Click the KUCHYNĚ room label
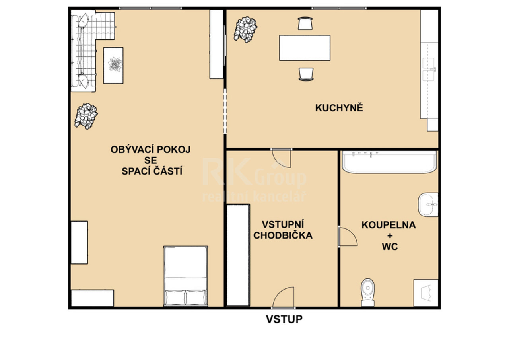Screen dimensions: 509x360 tap(339, 108)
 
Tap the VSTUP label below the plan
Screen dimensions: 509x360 tap(284, 319)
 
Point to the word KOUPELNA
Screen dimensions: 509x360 tap(389, 225)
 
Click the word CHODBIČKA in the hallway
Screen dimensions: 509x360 tap(283, 235)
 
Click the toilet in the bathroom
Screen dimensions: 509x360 tap(368, 292)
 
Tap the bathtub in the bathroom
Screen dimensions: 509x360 tap(389, 162)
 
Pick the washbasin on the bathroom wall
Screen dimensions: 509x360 tap(428, 204)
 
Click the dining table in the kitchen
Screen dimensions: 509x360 tap(305, 48)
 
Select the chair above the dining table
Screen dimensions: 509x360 tap(305, 23)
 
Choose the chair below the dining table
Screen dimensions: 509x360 tap(306, 74)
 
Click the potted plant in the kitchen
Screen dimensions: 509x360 tap(245, 29)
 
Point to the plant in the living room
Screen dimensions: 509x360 tap(86, 117)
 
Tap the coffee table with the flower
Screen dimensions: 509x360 tap(113, 66)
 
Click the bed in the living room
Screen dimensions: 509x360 tap(186, 276)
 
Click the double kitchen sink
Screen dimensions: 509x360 tap(429, 69)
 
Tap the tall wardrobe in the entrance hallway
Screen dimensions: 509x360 tap(238, 255)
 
